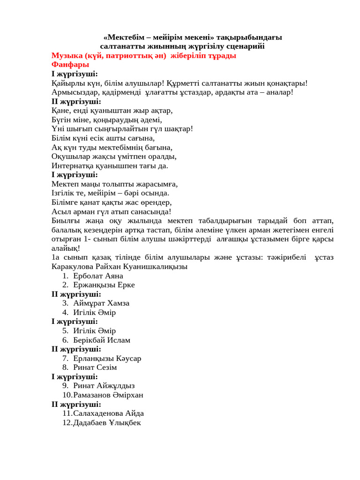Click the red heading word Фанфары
point(70,65)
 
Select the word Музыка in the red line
point(67,55)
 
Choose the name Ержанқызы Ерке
point(104,285)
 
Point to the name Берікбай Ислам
point(102,340)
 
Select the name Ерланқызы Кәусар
point(107,358)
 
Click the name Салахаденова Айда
point(108,413)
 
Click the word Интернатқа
point(74,165)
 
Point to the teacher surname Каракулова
point(75,266)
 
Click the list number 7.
point(65,358)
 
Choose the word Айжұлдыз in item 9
point(116,386)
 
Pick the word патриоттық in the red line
point(128,55)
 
